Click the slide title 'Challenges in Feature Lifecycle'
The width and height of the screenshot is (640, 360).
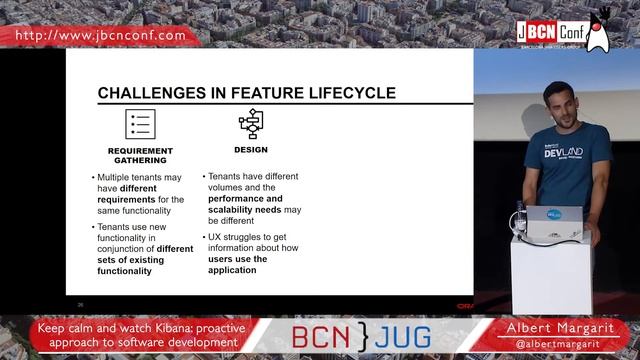pos(246,94)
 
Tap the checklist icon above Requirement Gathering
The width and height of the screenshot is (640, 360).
pos(138,124)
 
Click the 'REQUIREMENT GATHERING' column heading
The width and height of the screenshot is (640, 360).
pos(138,155)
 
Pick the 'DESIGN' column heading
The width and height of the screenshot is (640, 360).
pos(250,150)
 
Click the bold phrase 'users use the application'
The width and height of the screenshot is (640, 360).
pos(238,264)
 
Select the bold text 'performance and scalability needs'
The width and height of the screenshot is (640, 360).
pos(245,204)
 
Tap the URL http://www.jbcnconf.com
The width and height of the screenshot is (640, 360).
pos(101,35)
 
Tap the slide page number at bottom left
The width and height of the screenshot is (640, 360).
pos(80,304)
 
